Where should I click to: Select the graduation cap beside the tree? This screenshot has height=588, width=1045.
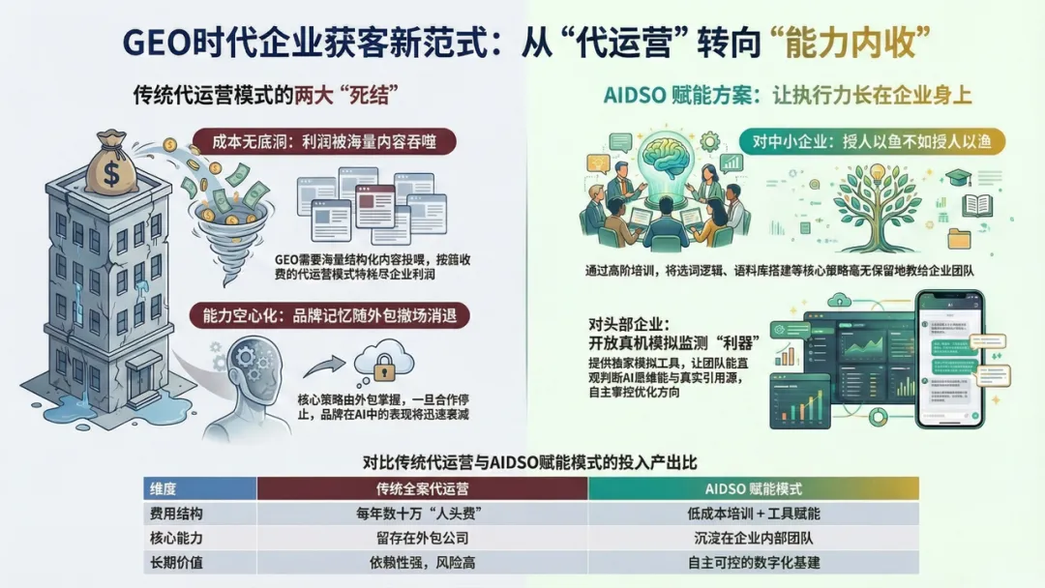(x=958, y=178)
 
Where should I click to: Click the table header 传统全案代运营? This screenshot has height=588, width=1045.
(x=422, y=488)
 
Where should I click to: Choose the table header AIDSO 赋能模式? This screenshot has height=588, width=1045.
(x=753, y=488)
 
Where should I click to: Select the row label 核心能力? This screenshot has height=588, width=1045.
(x=174, y=538)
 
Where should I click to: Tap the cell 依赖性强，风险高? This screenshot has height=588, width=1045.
(x=422, y=562)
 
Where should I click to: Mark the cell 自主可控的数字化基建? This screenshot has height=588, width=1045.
(x=753, y=562)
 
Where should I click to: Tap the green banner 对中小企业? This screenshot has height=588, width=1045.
(x=871, y=142)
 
